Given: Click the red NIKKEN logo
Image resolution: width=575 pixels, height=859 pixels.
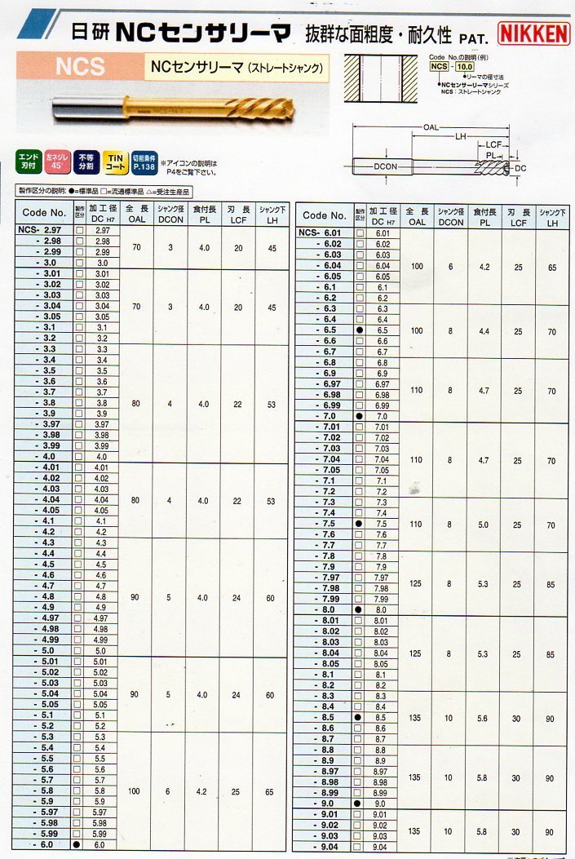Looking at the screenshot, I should [x=533, y=33].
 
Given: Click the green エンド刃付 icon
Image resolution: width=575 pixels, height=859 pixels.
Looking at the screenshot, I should [x=29, y=161].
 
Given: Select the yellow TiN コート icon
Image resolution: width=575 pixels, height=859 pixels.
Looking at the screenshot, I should [x=113, y=161].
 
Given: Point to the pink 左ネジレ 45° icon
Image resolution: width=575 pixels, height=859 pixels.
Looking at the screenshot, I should [x=57, y=161].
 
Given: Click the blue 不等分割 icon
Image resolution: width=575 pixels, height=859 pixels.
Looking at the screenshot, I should [x=86, y=161].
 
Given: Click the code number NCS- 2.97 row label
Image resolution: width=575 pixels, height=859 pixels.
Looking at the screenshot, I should [x=42, y=231].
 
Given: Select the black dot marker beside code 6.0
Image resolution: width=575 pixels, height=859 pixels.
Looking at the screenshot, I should [x=78, y=845].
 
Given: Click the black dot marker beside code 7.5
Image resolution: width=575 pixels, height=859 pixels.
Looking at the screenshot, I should [x=359, y=523].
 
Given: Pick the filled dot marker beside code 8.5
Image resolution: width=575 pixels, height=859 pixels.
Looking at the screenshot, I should [x=359, y=717].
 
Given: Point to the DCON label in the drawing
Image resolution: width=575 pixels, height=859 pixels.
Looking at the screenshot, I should [x=384, y=166].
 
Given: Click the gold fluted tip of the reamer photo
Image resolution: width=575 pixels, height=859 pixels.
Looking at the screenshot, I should [x=245, y=107].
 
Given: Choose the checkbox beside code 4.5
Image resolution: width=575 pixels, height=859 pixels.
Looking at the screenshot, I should [x=78, y=565].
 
